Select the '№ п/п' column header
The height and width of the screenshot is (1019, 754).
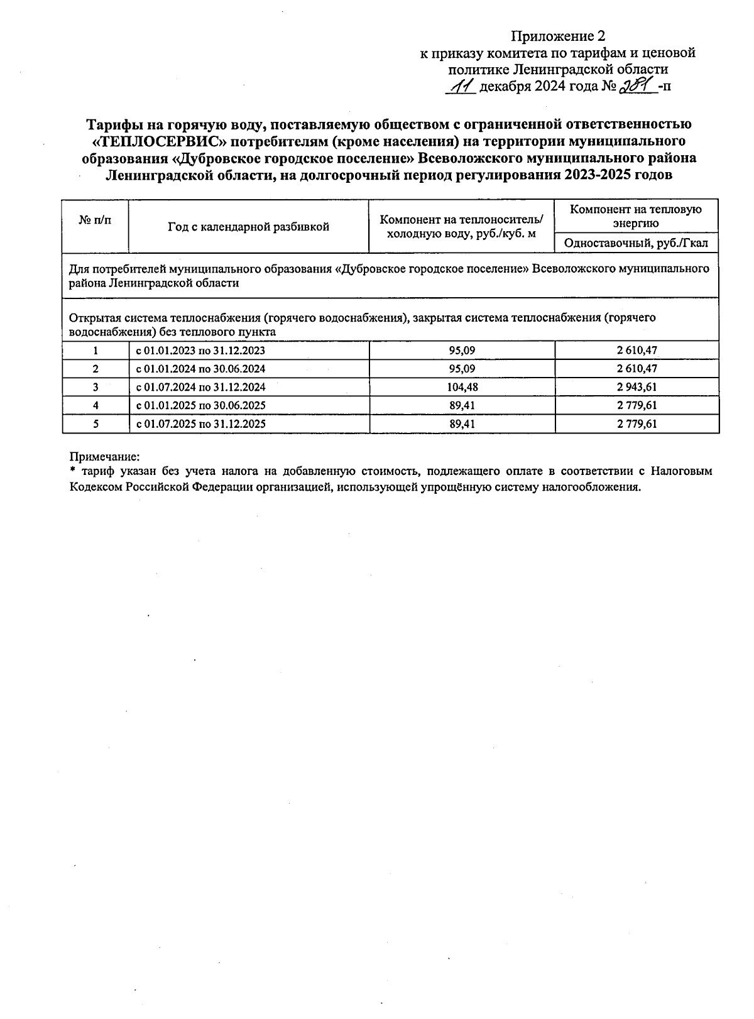[96, 220]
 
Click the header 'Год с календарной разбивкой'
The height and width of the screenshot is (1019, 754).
[248, 227]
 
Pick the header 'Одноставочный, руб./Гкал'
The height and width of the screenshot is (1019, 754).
[636, 242]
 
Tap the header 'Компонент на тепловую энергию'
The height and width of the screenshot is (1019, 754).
[636, 215]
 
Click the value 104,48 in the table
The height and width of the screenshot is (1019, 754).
[462, 387]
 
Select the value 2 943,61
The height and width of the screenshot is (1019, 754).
[637, 387]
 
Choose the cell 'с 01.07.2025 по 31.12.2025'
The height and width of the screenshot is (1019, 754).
[201, 424]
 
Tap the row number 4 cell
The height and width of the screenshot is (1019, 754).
[96, 406]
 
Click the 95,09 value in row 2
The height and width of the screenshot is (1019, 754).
[462, 369]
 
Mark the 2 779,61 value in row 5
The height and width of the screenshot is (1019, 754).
[637, 424]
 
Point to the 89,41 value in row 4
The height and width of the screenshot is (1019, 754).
[462, 406]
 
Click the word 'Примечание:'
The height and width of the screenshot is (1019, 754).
[104, 457]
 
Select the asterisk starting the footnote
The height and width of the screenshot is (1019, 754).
[72, 471]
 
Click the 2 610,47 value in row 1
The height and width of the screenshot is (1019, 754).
[637, 351]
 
